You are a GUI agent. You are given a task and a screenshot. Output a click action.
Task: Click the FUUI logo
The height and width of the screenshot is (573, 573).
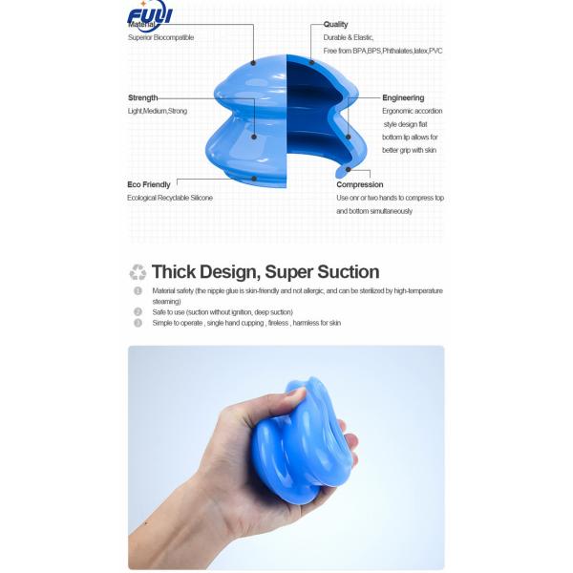149,16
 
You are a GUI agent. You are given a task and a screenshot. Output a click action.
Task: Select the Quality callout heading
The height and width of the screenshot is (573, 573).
335,25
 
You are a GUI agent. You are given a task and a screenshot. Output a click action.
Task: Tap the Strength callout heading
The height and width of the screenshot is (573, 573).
143,97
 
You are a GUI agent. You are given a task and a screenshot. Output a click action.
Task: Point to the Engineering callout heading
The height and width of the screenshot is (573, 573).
403,97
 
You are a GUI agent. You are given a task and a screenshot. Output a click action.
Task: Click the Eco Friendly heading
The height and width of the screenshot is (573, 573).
149,183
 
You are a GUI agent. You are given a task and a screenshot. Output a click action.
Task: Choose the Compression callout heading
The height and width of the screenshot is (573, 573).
360,184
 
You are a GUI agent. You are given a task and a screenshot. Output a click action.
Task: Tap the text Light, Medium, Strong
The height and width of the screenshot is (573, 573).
158,111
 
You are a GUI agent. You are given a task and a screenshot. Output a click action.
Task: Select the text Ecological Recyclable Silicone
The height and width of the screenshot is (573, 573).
170,198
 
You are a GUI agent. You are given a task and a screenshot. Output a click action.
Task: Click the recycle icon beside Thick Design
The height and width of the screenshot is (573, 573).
138,272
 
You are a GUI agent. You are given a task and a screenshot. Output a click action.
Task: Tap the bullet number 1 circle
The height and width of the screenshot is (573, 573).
138,290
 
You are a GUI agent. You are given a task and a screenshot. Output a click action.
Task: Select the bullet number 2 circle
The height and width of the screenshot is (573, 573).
138,312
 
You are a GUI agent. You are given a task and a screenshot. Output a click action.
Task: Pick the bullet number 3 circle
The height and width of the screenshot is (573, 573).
138,323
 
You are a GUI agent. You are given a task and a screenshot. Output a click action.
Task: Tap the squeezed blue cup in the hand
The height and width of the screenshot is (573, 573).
306,439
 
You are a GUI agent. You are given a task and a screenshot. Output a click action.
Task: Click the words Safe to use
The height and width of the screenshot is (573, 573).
166,312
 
